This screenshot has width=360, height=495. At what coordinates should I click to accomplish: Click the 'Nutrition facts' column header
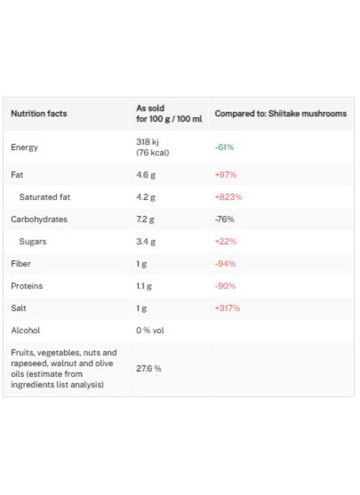coord(39,114)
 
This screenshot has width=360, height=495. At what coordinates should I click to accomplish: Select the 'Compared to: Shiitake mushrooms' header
coord(280,114)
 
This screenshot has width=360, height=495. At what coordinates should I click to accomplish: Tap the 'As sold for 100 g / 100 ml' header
coord(169,114)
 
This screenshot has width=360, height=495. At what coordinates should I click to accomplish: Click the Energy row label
coord(25,148)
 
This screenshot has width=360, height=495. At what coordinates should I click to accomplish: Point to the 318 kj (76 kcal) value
coord(153,147)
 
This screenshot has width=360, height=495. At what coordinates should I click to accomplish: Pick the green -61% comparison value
coord(225,148)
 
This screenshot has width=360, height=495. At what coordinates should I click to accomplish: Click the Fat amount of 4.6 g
coord(146,175)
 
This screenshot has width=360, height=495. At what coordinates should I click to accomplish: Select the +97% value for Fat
coord(225,175)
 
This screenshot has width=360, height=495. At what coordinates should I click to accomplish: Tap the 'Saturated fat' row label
coord(45,197)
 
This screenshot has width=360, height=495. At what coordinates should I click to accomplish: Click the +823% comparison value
coord(228,197)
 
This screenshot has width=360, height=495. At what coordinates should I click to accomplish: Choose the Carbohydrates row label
coord(39,219)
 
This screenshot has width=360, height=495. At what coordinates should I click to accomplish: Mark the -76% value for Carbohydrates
coord(225,219)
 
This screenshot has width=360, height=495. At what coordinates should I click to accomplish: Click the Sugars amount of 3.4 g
coord(146,242)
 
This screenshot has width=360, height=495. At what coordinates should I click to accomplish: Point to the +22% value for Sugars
coord(225,242)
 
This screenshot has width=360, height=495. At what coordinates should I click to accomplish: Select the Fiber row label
coord(21,264)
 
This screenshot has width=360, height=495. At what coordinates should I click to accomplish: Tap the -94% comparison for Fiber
coord(225,264)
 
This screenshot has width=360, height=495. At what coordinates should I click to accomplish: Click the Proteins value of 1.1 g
coord(144,286)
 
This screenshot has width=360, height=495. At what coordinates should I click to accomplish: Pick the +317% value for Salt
coord(228,308)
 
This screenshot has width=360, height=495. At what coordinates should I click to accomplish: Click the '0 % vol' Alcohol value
coord(150,330)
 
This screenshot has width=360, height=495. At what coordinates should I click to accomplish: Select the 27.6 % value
coord(148,369)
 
